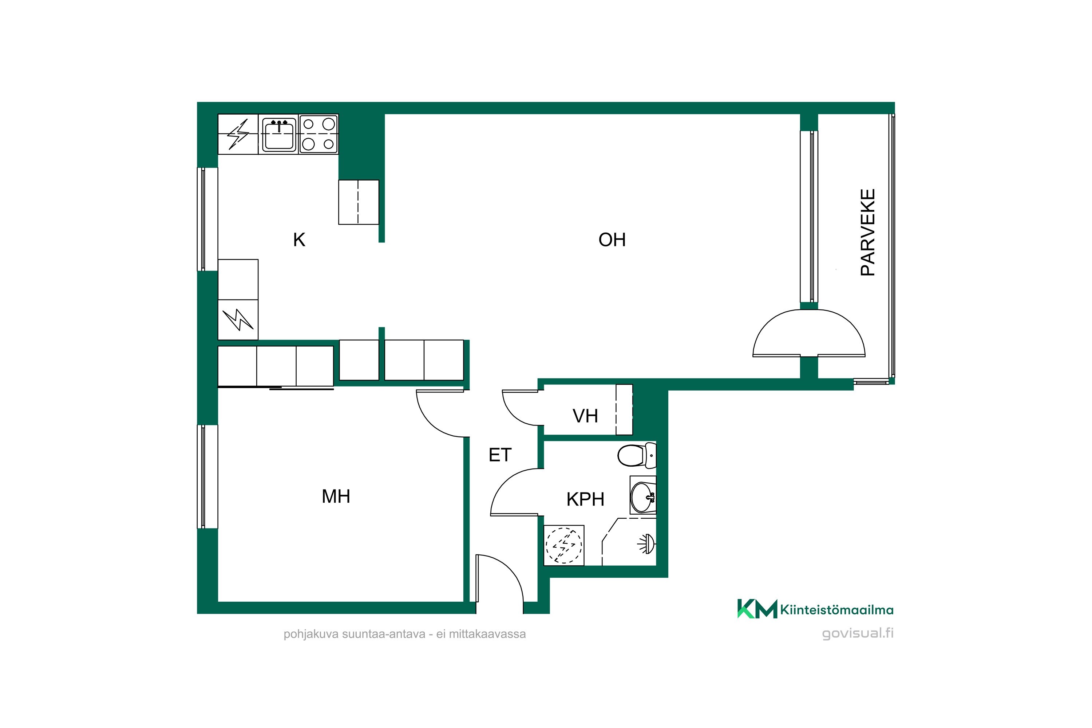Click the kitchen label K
299,240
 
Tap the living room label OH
612,240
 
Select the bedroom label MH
336,496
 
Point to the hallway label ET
500,455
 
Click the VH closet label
585,416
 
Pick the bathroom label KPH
585,499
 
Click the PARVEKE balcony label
868,232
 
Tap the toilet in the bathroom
637,455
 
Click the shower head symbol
647,544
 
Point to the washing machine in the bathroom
563,545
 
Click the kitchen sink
279,134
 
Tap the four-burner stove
318,134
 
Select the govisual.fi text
858,634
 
